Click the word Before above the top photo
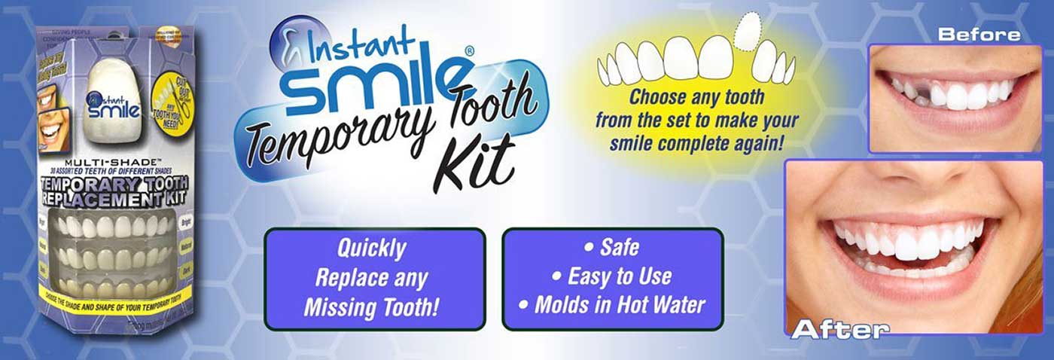click(x=979, y=34)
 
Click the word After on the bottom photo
click(x=839, y=329)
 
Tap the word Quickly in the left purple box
click(x=371, y=249)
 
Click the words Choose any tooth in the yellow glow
click(x=696, y=98)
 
